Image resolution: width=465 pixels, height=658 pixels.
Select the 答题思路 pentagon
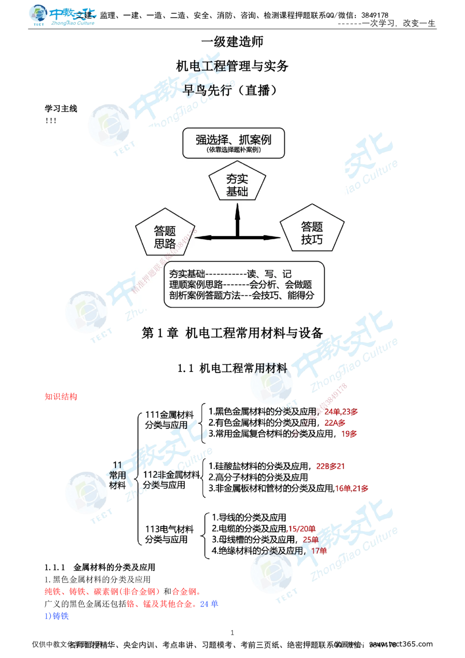point(165,235)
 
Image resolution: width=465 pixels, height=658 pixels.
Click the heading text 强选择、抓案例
point(233,139)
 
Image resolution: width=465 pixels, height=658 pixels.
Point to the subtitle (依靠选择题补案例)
point(233,150)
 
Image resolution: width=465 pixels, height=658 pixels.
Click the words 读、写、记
point(269,274)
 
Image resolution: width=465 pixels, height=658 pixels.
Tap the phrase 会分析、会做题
point(281,284)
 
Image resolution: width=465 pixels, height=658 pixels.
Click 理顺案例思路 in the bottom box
point(196,284)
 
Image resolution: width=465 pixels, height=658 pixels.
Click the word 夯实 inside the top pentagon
point(237,178)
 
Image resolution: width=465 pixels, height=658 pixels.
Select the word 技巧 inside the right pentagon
point(312,239)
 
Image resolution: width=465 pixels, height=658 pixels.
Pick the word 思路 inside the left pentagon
point(165,243)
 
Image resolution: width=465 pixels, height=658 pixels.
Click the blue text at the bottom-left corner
point(57,616)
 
